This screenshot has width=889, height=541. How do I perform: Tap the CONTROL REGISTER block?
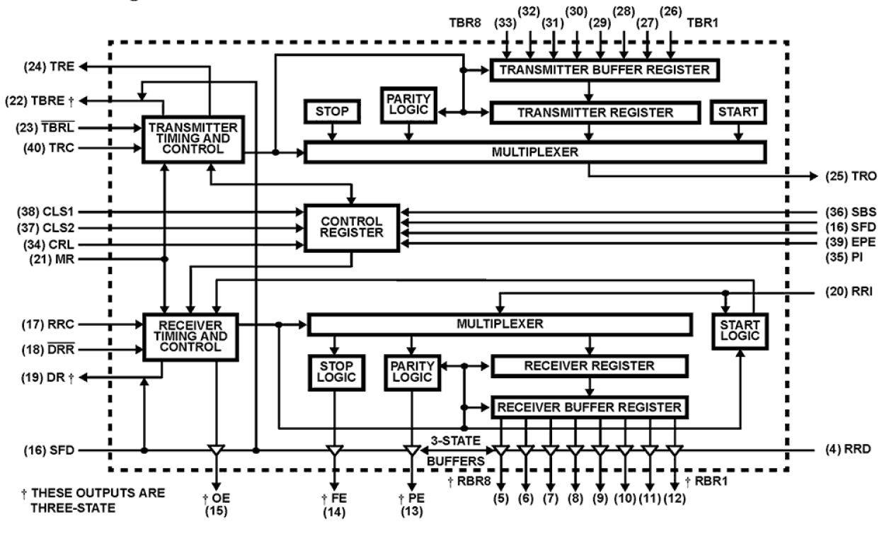click(352, 227)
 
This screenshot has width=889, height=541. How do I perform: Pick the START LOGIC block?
click(741, 330)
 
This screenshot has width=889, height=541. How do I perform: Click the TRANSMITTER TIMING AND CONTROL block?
click(193, 138)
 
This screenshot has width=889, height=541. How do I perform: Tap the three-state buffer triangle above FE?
click(334, 450)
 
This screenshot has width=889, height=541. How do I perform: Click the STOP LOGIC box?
click(335, 373)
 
